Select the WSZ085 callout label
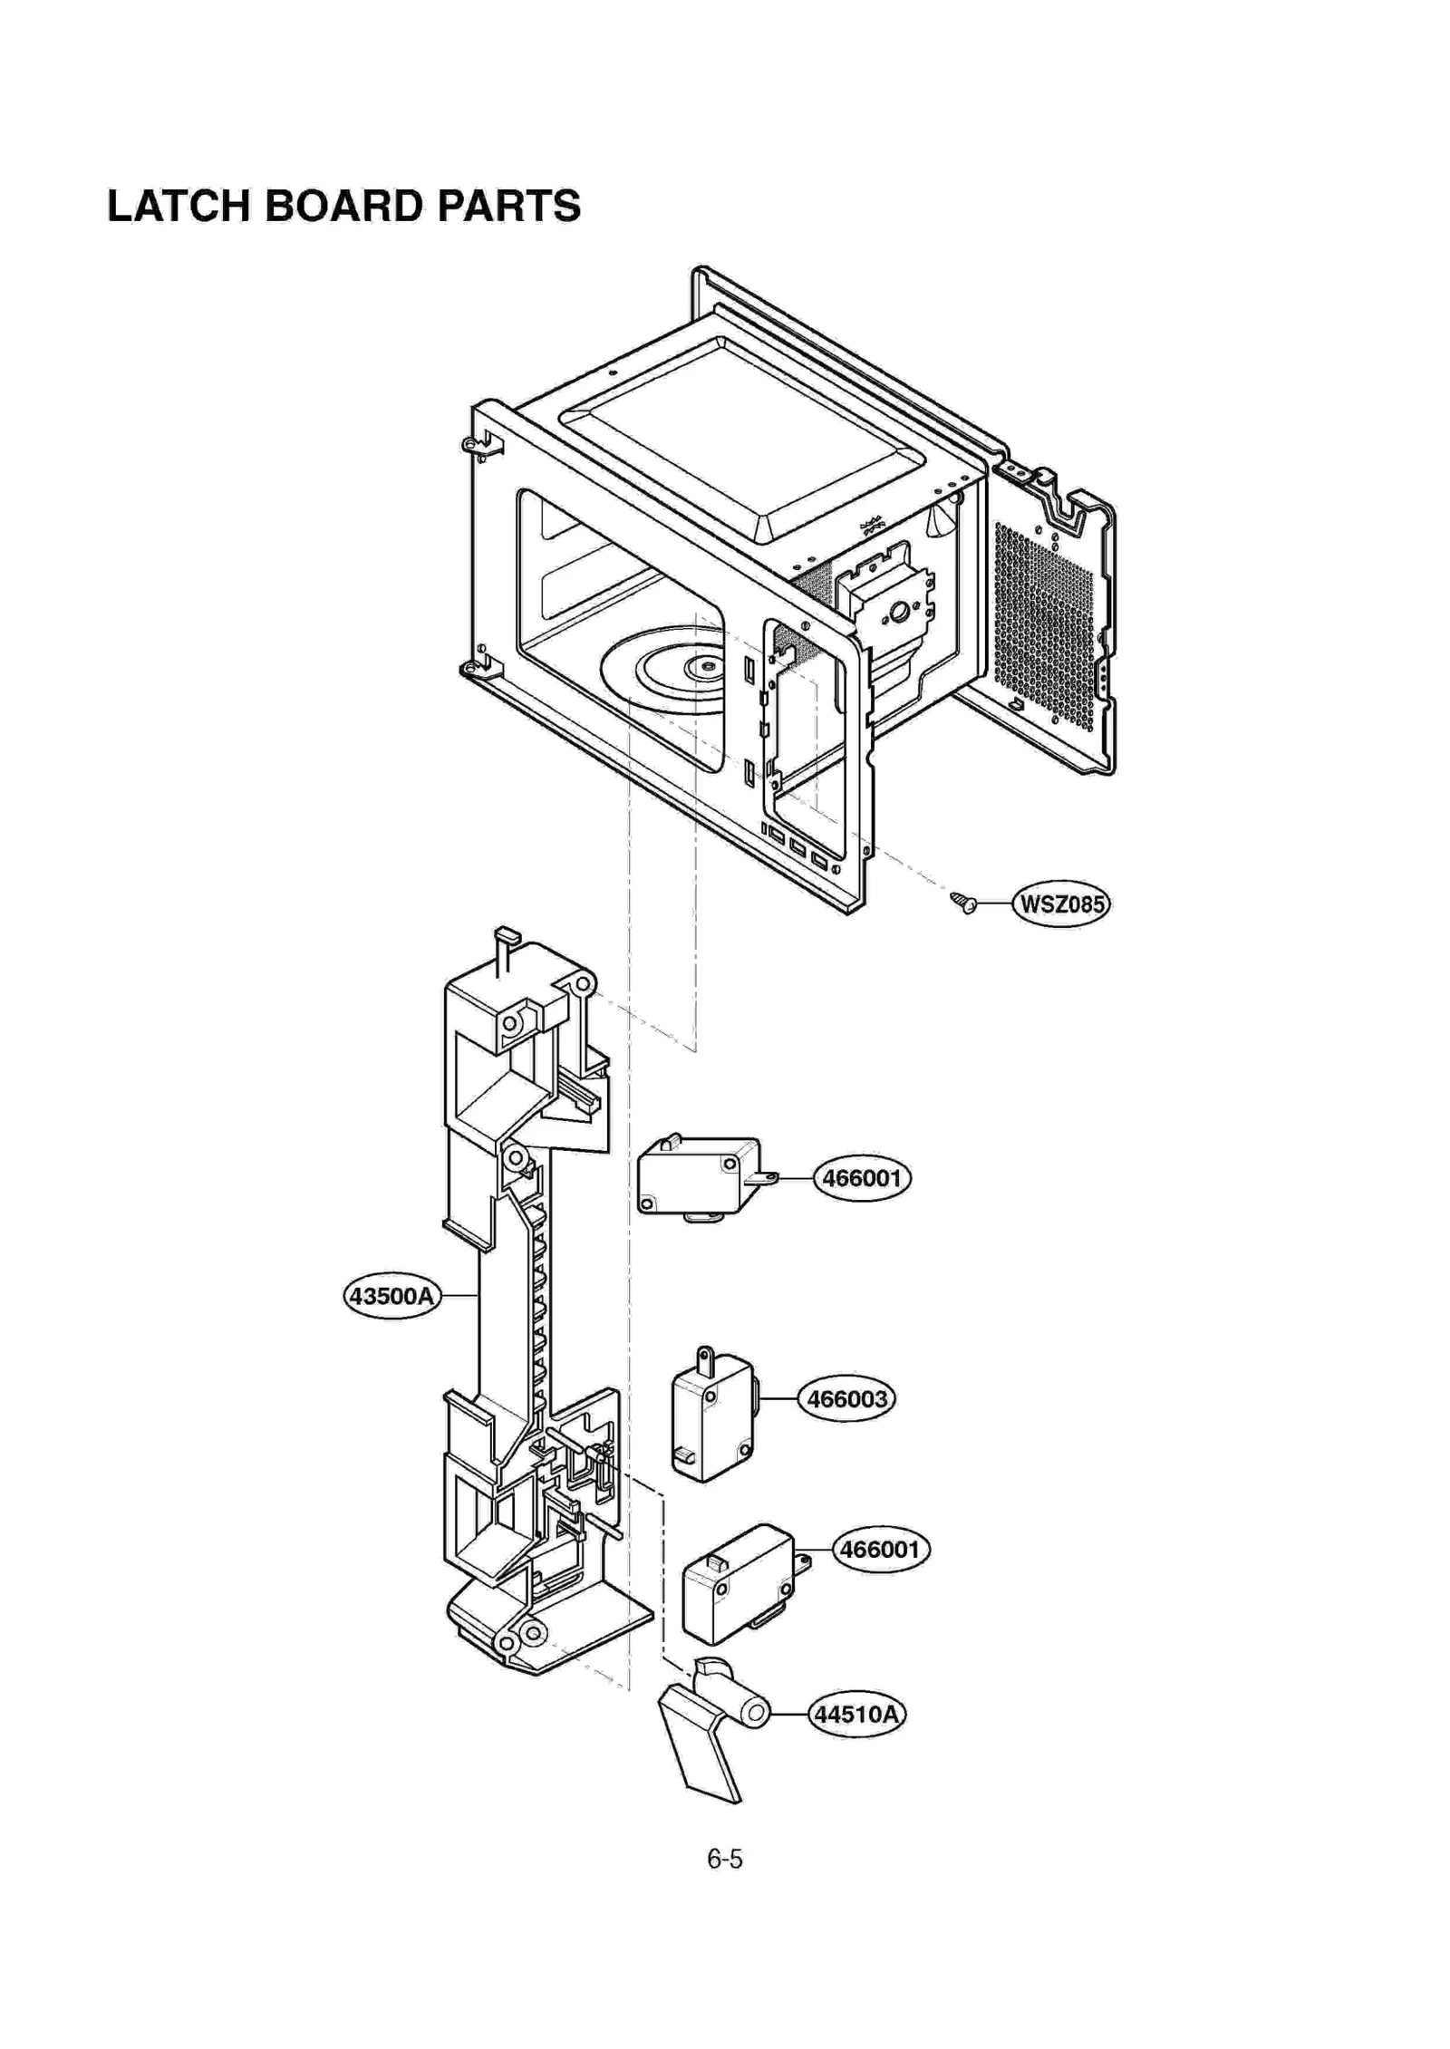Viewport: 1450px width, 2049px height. [x=1061, y=904]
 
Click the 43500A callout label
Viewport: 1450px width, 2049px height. [x=392, y=1296]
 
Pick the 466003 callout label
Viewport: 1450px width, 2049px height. [x=846, y=1398]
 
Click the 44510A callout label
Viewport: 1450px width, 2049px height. [x=856, y=1714]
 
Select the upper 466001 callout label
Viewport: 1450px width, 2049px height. [x=861, y=1178]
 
